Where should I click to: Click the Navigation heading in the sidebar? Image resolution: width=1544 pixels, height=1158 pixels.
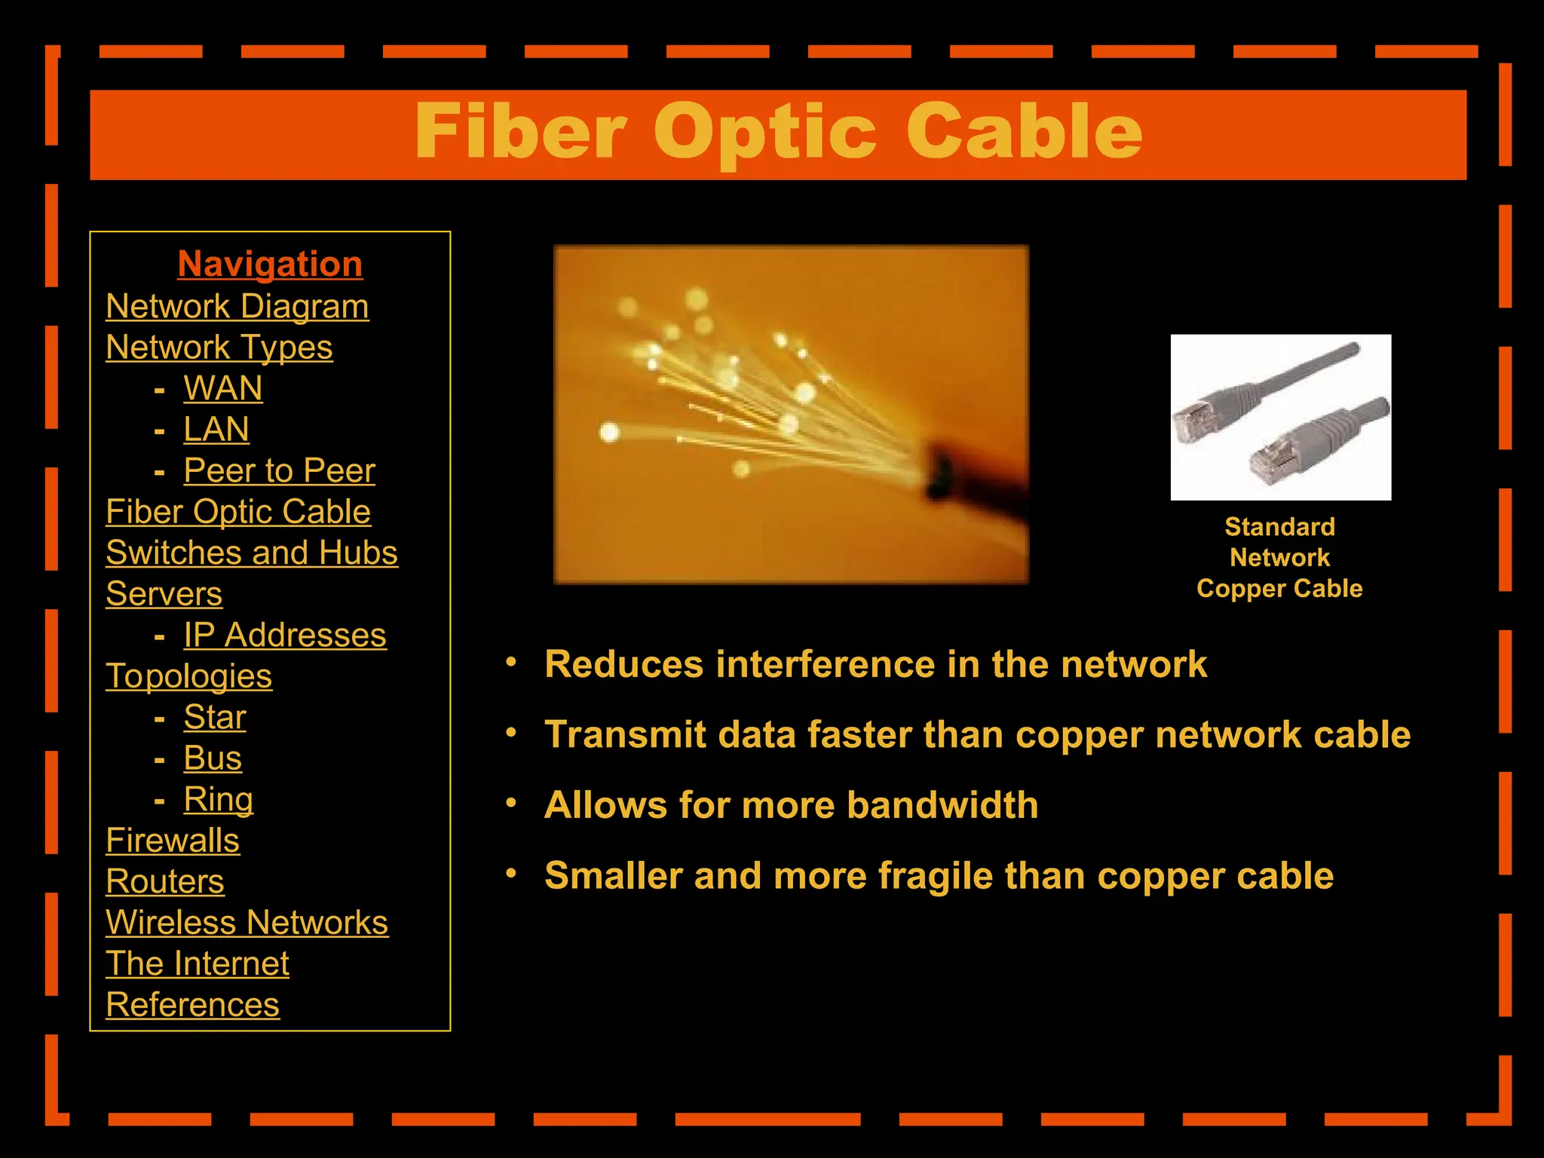tap(270, 265)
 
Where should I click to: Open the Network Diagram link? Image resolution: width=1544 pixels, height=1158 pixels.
tap(237, 307)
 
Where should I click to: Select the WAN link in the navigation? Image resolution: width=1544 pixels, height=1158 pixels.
tap(223, 389)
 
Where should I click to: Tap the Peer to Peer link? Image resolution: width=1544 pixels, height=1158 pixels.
tap(279, 471)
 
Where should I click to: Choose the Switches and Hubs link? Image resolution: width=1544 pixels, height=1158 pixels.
tap(252, 553)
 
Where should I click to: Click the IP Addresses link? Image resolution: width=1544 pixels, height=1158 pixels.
tap(285, 636)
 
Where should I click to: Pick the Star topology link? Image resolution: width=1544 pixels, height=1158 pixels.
tap(215, 718)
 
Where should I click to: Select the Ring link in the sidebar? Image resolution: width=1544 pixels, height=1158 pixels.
tap(219, 800)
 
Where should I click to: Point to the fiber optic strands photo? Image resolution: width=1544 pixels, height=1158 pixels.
tap(791, 414)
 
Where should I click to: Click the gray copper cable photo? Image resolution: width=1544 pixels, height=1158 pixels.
tap(1280, 417)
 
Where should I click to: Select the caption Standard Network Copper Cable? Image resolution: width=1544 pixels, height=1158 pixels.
tap(1279, 558)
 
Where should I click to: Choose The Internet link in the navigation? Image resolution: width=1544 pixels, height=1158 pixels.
tap(198, 964)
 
